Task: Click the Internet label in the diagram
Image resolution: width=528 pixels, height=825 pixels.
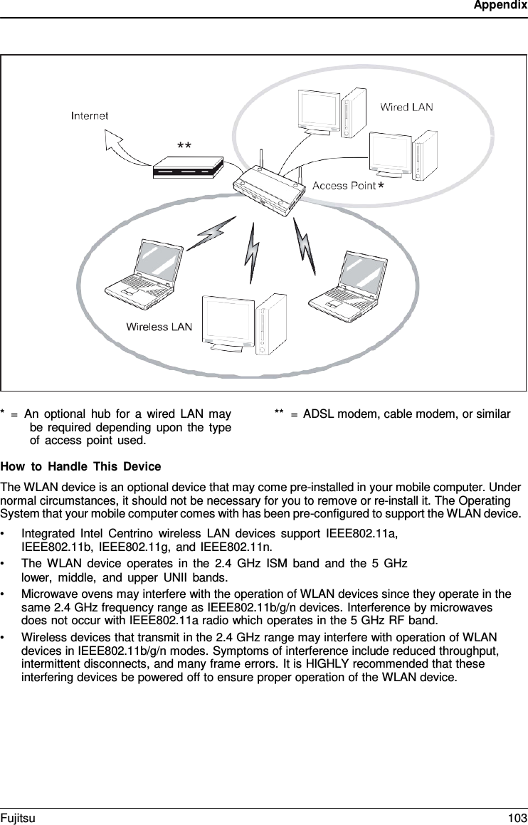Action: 90,115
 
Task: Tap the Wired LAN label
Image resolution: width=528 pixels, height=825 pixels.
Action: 406,107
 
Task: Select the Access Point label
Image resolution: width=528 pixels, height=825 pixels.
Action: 344,186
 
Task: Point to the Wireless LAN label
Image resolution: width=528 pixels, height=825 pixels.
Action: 159,327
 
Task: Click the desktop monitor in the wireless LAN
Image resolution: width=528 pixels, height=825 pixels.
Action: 228,320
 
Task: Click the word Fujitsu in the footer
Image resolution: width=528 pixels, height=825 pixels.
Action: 18,819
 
